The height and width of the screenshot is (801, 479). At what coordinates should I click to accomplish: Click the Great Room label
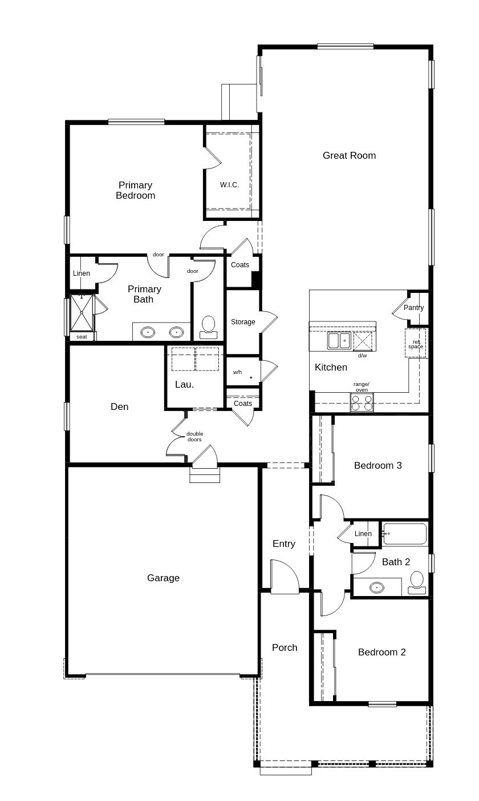point(349,155)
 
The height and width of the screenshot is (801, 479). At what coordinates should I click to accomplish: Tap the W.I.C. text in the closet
point(229,185)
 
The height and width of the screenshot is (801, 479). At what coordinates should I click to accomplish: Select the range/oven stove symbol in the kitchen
point(362,402)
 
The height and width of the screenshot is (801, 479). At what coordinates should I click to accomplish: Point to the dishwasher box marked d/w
point(363,341)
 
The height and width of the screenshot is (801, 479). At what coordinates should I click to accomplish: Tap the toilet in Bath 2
point(417,580)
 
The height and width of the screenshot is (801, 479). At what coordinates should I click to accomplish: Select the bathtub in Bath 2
point(405,534)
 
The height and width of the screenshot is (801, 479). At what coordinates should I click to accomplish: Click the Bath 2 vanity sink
point(376,587)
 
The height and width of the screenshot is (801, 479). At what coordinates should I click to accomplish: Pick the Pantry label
point(413,308)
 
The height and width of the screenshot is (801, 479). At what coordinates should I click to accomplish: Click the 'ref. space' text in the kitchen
point(416,344)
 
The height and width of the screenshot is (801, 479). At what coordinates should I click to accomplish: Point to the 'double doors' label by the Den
point(194,436)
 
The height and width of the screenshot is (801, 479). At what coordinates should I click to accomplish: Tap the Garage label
point(163,578)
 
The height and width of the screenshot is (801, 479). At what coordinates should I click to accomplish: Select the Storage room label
point(243,322)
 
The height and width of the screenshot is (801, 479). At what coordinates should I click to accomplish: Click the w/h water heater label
point(237,372)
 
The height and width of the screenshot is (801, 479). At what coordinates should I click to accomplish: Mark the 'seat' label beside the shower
point(82,337)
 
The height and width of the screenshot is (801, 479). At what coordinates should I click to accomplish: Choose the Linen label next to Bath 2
point(363,534)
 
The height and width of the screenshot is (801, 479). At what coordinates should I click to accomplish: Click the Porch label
point(285,647)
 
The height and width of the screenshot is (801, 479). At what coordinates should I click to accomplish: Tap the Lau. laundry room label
point(184,384)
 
